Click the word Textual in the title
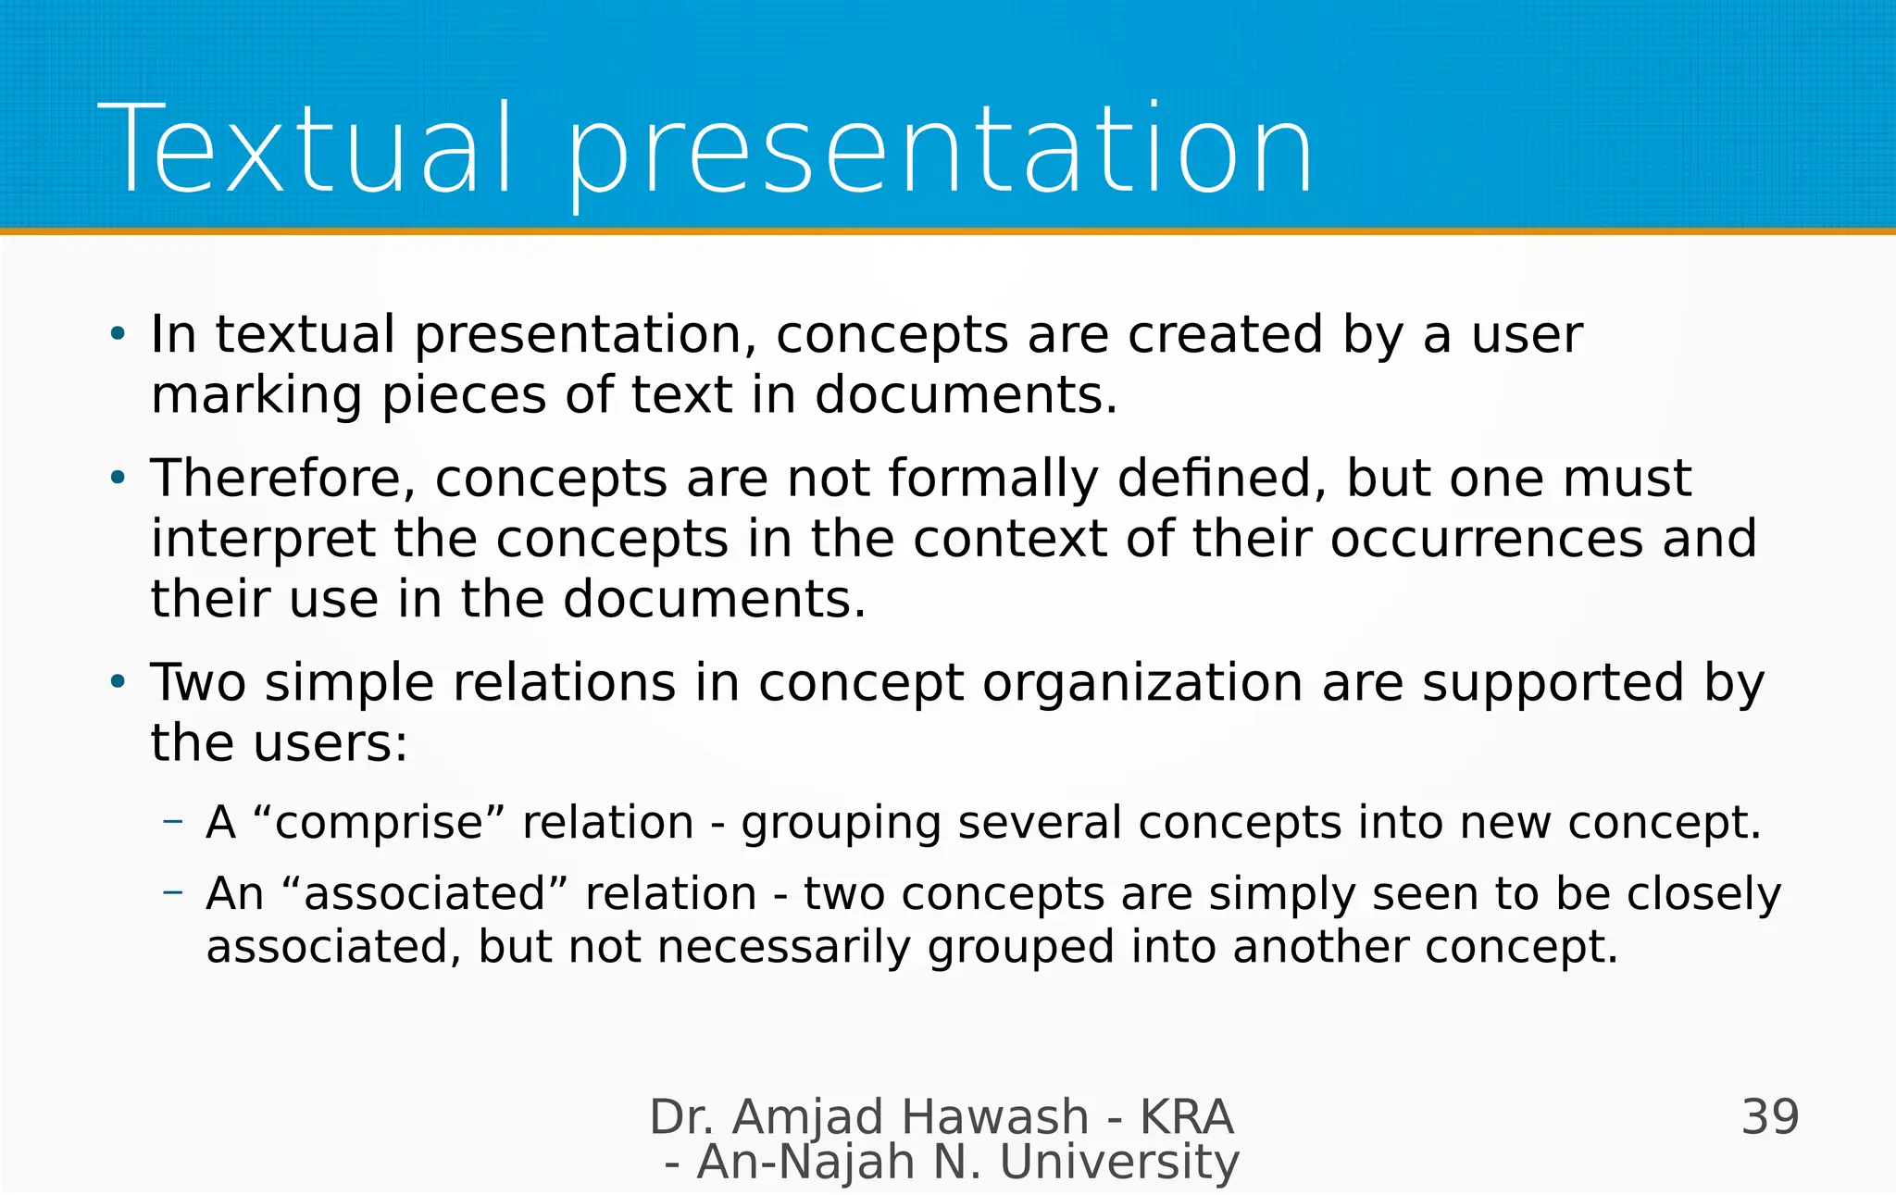pos(306,150)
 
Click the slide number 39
pos(1770,1117)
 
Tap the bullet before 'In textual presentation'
pos(117,334)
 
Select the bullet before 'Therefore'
pos(117,479)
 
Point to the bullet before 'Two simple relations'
pos(117,683)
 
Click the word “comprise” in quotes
pos(380,823)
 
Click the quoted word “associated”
pos(422,894)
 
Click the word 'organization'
pos(1142,683)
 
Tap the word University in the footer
pos(1119,1163)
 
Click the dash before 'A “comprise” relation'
pos(173,820)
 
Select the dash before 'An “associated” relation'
pos(173,891)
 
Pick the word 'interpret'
pos(263,539)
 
